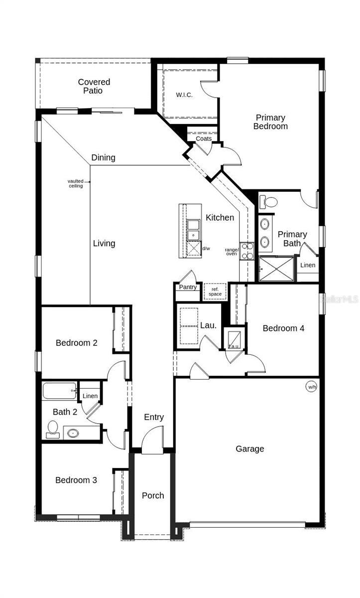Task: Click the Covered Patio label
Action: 94,86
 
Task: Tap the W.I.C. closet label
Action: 184,95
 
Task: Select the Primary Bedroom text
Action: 270,122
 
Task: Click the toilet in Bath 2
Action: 53,430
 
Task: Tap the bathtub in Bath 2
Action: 59,390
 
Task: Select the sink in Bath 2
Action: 73,433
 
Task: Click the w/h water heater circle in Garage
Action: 311,387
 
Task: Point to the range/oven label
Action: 232,252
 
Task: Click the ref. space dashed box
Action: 215,292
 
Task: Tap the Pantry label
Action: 188,287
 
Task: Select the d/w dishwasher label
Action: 206,248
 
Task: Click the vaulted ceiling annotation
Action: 76,183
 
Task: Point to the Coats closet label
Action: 203,139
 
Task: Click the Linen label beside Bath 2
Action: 90,396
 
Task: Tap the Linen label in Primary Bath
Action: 308,265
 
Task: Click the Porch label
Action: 153,495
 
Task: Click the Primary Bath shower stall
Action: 276,269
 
